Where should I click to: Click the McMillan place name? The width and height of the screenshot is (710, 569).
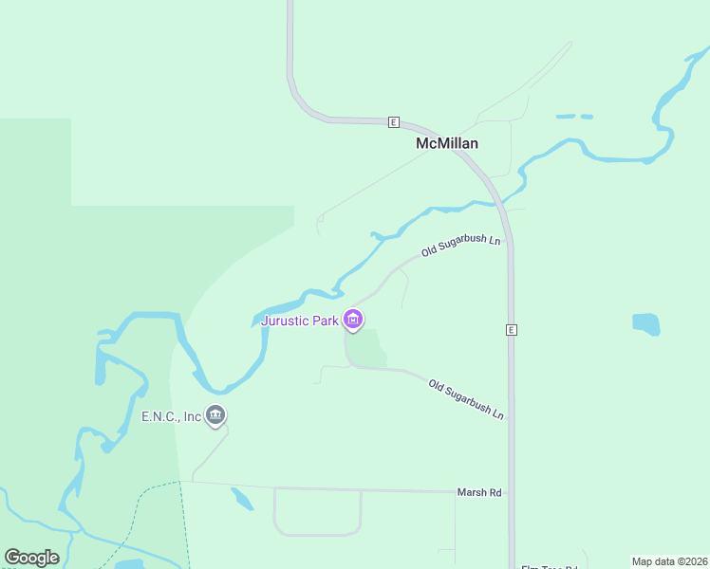tap(447, 143)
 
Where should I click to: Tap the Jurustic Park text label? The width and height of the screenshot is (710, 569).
tap(300, 321)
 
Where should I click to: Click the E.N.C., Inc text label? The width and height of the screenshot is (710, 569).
tap(172, 416)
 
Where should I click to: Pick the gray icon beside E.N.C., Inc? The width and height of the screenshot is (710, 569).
tap(216, 415)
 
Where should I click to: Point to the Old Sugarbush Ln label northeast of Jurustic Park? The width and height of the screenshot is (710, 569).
tap(460, 246)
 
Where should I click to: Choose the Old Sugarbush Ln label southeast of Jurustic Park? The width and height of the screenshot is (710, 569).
tap(466, 398)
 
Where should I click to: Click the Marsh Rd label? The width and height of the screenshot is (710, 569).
tap(479, 492)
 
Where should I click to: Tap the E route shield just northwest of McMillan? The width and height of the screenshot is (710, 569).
tap(394, 122)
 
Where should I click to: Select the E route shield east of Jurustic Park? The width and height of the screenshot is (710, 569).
tap(511, 330)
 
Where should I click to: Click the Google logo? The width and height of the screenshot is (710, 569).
tap(31, 558)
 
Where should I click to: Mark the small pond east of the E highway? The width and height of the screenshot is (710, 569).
tap(645, 323)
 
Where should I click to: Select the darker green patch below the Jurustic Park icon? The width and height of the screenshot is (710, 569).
tap(370, 348)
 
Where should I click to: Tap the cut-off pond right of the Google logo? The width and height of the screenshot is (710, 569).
tap(129, 564)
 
